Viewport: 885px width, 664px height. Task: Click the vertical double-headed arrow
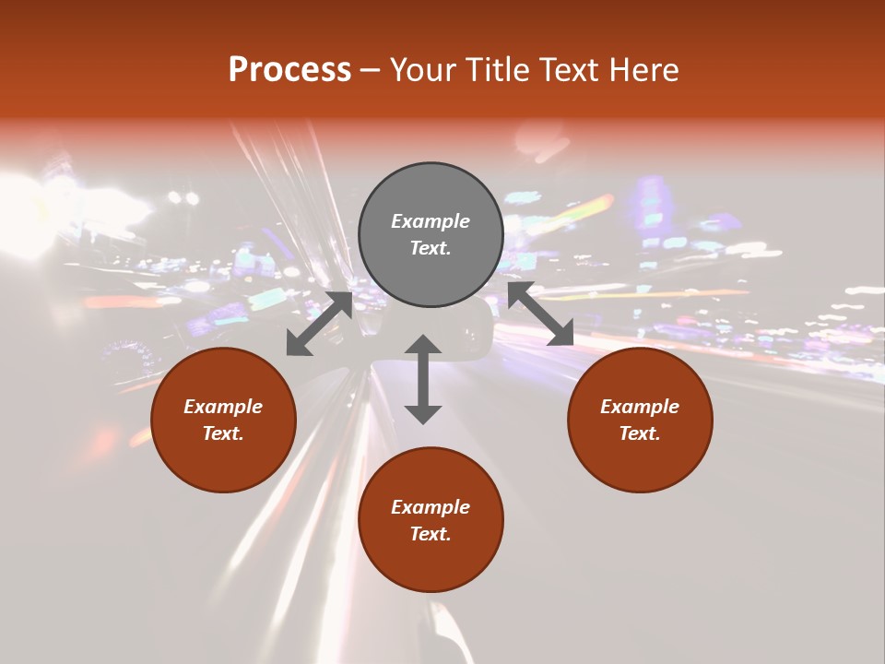point(423,379)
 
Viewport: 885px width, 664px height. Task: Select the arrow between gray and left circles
point(319,324)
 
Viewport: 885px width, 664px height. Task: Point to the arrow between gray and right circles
point(541,314)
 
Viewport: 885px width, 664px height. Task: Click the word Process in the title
point(289,70)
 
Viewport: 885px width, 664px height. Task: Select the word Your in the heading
point(420,70)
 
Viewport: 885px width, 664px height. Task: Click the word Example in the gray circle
point(431,221)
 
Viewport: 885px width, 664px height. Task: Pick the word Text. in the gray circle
point(431,248)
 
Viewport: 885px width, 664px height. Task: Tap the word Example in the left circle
point(223,407)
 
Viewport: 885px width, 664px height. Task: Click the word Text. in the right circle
point(640,433)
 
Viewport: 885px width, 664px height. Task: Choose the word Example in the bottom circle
point(431,507)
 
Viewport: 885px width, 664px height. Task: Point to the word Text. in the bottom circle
point(431,534)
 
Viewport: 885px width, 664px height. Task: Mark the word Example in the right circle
point(640,407)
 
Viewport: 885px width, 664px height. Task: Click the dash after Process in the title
point(370,70)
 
